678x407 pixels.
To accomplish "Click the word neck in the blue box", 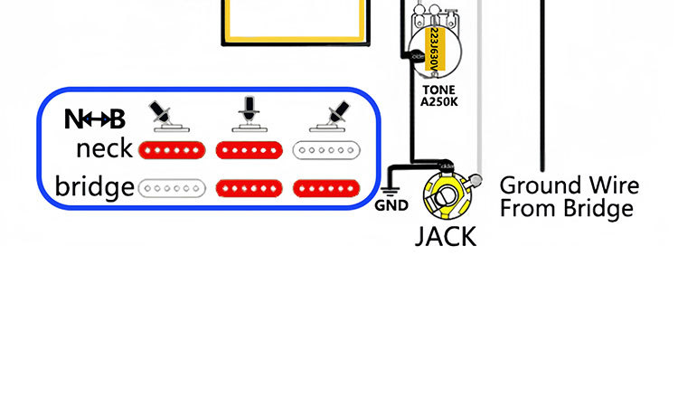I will (x=104, y=148).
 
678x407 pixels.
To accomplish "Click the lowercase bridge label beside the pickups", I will (x=94, y=187).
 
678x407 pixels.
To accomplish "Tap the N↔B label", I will (x=95, y=118).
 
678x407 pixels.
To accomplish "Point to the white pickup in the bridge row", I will (x=172, y=188).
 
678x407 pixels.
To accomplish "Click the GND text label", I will (x=391, y=205).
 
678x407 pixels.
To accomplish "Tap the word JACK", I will (x=446, y=237).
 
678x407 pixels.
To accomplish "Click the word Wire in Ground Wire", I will (x=610, y=186).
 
